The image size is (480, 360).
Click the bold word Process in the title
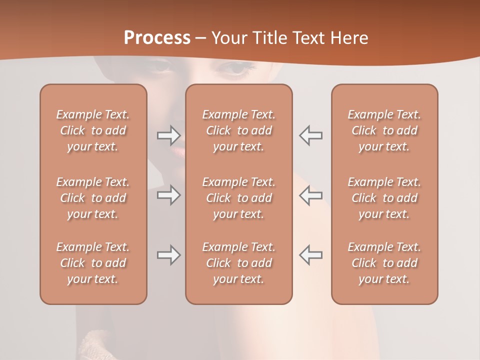point(157,38)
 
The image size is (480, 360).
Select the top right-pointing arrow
point(168,135)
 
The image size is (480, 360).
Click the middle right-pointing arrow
point(168,194)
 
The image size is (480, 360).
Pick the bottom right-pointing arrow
point(168,255)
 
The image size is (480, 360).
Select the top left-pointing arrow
point(310,135)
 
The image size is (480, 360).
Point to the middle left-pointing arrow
point(310,194)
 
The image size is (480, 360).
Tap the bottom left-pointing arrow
point(310,255)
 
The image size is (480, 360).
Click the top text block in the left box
point(93,130)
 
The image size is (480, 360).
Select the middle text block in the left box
point(93,198)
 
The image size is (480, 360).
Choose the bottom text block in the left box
point(93,263)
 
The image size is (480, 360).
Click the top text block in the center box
point(238,130)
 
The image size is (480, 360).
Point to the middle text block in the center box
point(238,198)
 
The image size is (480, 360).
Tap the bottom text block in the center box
point(238,263)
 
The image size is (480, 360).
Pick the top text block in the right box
point(384,130)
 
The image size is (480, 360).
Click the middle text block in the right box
point(384,198)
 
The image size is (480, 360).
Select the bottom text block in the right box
point(384,263)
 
